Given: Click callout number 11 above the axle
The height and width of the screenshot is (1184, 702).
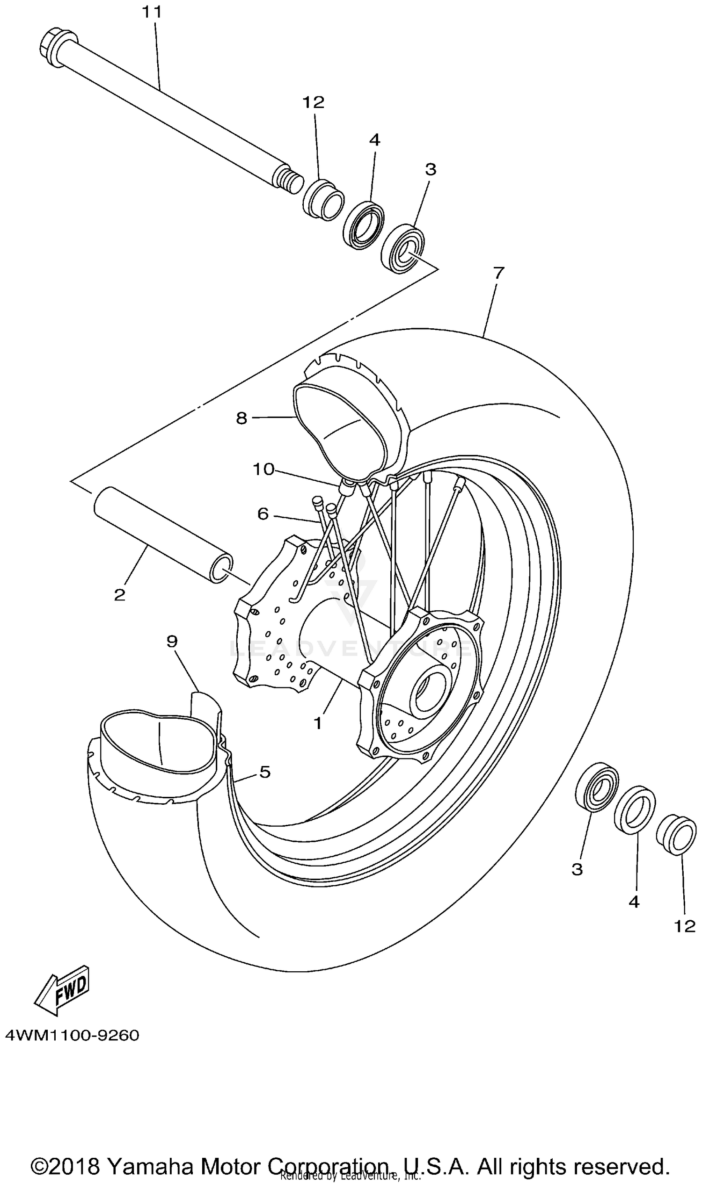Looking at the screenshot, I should pos(152,12).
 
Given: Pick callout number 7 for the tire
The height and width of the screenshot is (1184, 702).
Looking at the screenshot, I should pos(498,273).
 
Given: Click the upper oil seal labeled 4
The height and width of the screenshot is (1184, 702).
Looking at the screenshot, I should pos(364,224).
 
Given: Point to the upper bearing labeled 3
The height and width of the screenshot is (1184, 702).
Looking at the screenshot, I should pos(403,248).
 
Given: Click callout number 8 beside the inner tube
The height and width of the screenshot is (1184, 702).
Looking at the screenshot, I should pos(242,418).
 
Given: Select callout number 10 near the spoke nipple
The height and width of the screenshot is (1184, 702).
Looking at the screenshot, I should pos(263,469).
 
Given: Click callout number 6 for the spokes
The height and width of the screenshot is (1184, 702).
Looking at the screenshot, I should pos(263,514).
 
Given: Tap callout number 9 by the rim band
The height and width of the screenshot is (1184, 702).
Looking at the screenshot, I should pos(172,642).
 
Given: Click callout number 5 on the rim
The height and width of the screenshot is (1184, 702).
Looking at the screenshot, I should pos(265,772).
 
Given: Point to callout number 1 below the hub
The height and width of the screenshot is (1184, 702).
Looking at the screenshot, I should pos(318,723).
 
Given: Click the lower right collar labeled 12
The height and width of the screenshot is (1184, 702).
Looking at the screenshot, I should pos(676,834).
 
